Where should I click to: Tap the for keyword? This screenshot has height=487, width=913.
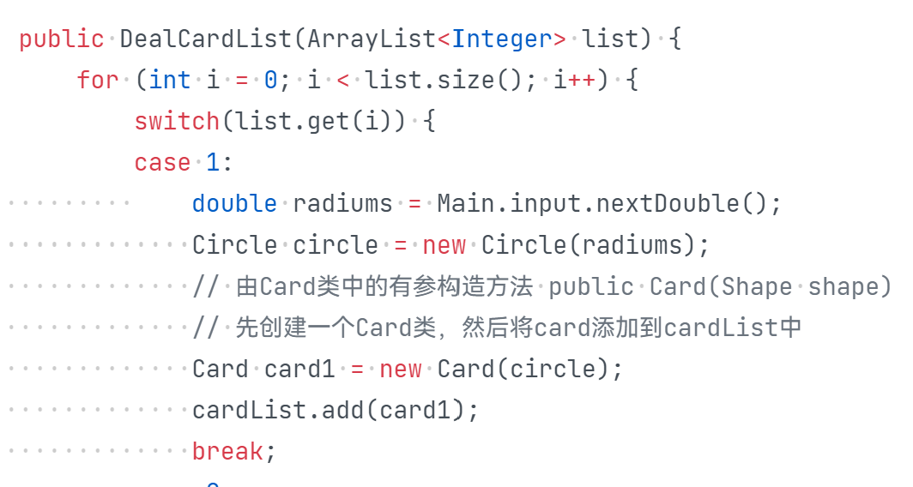coord(97,81)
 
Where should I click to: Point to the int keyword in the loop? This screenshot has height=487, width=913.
coord(169,81)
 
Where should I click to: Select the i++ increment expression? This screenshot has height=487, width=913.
coord(573,81)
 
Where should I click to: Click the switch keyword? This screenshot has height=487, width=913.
coord(177,122)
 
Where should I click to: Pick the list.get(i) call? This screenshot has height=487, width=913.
coord(313,122)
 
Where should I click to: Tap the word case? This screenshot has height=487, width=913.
coord(162,163)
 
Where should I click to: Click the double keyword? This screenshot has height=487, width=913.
coord(234,204)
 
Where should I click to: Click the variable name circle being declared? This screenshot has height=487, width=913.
coord(336,245)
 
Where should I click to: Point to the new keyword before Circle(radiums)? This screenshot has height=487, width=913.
coord(444,245)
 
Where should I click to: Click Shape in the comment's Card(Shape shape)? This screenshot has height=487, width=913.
coord(758,286)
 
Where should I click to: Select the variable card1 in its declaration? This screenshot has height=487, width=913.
coord(299,369)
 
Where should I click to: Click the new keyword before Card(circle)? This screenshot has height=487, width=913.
coord(401,369)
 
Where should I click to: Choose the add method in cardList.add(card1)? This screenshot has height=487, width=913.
coord(343,410)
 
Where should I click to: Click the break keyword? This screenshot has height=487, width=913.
coord(227,451)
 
